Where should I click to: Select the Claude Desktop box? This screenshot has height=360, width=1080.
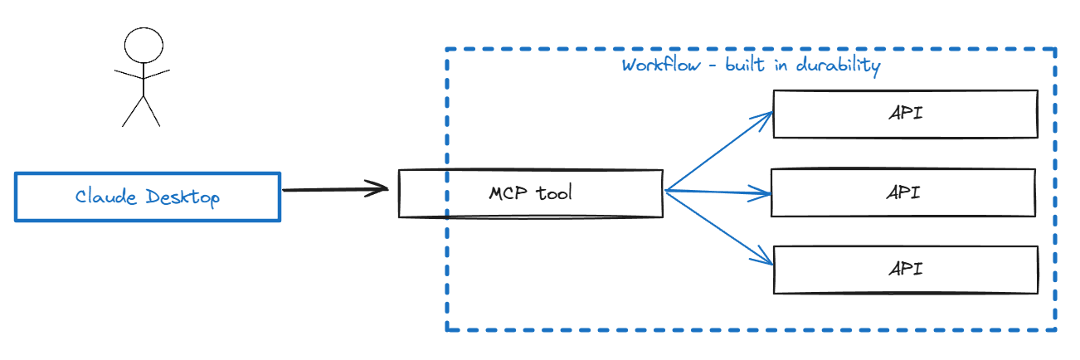[x=148, y=197]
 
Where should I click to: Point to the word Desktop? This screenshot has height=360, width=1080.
[x=182, y=197]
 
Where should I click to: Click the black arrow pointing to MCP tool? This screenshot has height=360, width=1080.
[x=332, y=190]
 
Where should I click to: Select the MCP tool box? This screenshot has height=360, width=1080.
[x=531, y=193]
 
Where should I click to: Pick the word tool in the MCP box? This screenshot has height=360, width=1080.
[x=554, y=193]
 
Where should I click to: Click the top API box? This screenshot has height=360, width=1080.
[x=905, y=114]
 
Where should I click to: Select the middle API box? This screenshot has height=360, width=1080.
[x=903, y=192]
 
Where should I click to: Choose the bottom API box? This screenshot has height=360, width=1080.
[x=905, y=270]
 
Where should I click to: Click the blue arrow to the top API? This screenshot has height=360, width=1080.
[x=718, y=153]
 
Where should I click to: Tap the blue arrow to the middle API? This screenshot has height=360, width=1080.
[x=718, y=194]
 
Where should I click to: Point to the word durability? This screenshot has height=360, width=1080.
[x=839, y=66]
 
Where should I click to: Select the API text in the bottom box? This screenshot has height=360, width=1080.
[x=905, y=270]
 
